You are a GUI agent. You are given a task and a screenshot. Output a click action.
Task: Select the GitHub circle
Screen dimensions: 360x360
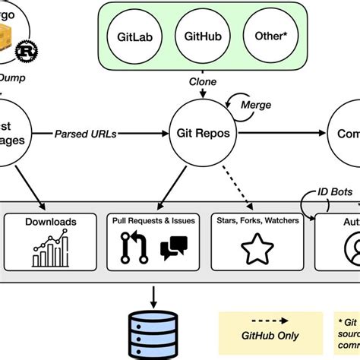202,37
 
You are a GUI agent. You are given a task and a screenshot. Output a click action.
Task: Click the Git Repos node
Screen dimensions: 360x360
203,132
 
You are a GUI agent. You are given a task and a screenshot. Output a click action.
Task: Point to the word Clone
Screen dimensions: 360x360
201,82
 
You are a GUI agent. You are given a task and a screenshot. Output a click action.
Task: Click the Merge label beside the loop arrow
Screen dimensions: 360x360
255,104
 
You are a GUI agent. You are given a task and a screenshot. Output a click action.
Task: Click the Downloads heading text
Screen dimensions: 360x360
51,221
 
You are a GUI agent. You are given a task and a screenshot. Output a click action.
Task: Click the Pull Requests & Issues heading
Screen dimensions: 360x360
153,221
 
